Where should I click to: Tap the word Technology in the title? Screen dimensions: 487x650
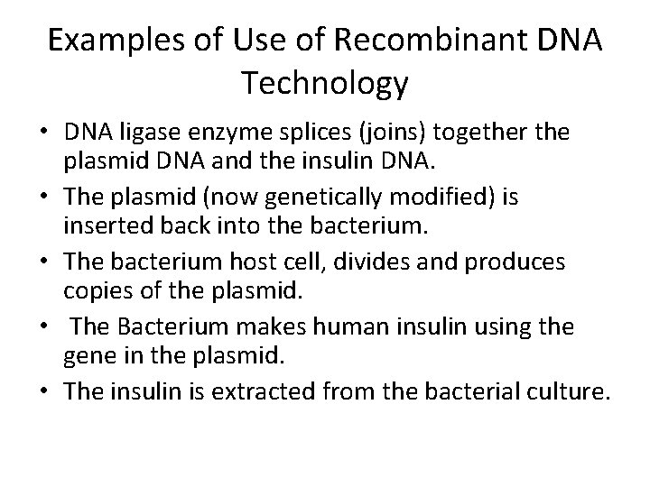tap(325, 83)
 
